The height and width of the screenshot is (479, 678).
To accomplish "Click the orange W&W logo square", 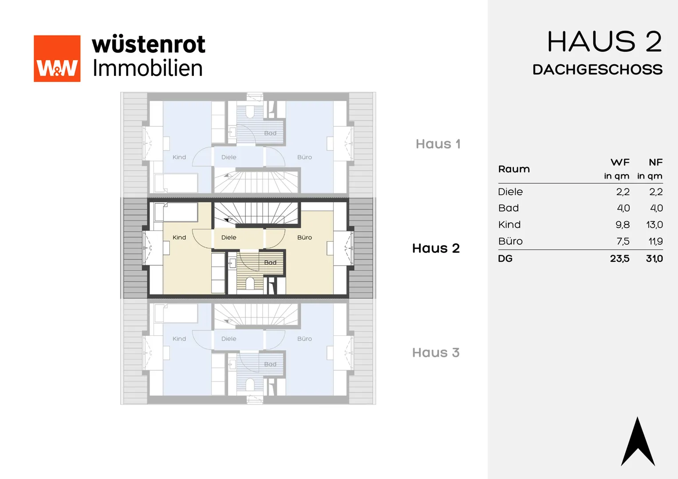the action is click(57, 59).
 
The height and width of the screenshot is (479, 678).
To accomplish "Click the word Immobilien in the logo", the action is click(147, 68).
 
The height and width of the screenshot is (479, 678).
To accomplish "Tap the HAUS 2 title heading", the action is click(604, 42).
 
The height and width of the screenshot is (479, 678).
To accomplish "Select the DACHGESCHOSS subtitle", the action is click(598, 70).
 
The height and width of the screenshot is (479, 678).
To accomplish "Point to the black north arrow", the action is click(638, 441).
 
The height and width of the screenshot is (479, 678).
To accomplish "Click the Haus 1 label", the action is click(438, 144).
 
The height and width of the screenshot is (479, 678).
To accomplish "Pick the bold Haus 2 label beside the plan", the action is click(436, 248).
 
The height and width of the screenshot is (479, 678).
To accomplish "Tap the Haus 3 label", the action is click(436, 353).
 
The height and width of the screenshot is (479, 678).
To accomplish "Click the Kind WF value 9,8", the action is click(623, 224).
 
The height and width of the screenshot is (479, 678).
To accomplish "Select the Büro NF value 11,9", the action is click(655, 241).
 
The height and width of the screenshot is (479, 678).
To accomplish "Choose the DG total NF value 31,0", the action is click(654, 259).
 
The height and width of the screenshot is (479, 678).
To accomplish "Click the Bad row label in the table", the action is click(508, 208).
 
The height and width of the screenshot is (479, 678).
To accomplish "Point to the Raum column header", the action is click(514, 169).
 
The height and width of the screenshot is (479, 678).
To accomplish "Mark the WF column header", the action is click(620, 162).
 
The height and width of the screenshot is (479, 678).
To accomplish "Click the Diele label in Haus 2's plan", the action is click(229, 238).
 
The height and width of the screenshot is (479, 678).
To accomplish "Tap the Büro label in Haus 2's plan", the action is click(304, 238).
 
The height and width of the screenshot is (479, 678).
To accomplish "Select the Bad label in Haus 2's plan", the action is click(270, 263).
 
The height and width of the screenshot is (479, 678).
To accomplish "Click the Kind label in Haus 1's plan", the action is click(179, 157).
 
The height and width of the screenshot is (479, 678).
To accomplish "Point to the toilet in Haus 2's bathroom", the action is click(250, 283).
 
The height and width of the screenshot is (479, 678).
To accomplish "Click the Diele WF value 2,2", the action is click(623, 192).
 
